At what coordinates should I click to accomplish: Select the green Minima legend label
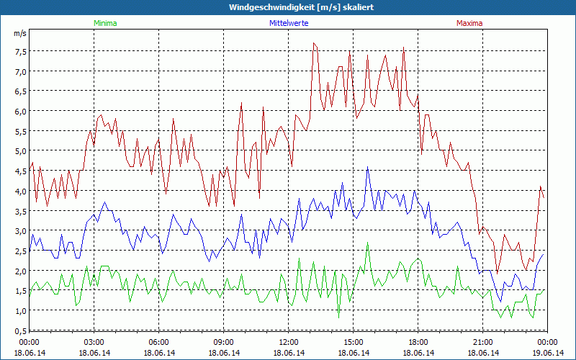click(105, 23)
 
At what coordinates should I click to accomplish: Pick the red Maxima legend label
click(469, 23)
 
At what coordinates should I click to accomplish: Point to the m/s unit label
click(19, 33)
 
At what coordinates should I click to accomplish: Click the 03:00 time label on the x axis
click(94, 342)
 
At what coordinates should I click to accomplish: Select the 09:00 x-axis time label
click(224, 342)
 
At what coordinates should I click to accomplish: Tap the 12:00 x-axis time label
click(289, 342)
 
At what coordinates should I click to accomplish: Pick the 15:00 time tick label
click(354, 342)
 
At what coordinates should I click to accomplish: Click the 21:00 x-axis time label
click(483, 342)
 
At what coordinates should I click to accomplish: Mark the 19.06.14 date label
click(548, 353)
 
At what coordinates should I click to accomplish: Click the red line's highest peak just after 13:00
click(314, 43)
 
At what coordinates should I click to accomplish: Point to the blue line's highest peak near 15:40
click(368, 167)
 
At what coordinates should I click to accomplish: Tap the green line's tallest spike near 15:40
click(368, 243)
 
